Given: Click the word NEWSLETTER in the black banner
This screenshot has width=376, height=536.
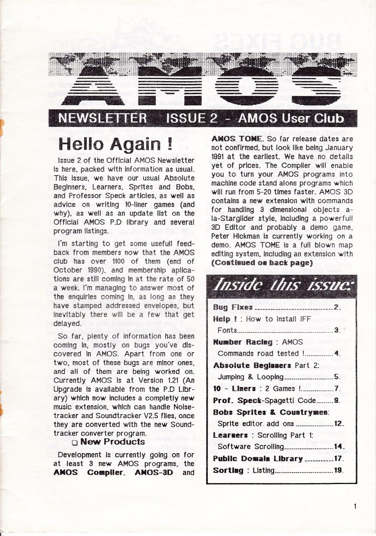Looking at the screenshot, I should (102, 118).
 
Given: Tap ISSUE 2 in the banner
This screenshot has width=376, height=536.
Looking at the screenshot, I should (191, 118).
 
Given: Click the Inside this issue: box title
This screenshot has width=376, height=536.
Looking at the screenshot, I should (281, 285).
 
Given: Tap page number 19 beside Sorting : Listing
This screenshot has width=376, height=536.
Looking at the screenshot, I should (338, 470).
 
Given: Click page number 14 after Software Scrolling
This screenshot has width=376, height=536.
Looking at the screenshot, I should (338, 447).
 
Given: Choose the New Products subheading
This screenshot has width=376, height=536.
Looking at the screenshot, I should (112, 442).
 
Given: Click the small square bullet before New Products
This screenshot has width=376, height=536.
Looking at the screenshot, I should (75, 442).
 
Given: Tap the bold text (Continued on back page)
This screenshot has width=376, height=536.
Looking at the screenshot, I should (262, 263).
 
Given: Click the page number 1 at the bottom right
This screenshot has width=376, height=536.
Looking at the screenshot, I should (355, 506).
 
